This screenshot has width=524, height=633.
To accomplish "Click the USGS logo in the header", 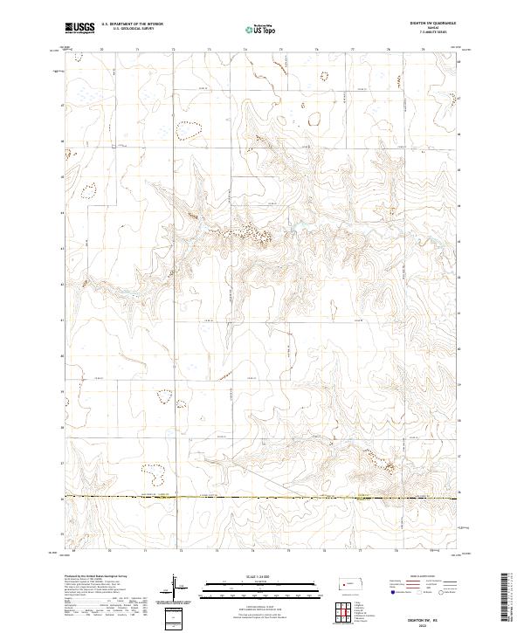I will click(x=80, y=28).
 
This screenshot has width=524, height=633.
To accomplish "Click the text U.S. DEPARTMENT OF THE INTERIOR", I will click(x=132, y=24).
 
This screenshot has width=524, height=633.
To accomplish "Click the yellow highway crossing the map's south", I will click(x=262, y=498).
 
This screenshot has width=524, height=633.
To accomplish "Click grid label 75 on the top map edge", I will click(x=281, y=51).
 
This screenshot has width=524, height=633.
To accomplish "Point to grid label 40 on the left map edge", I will click(x=62, y=356).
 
